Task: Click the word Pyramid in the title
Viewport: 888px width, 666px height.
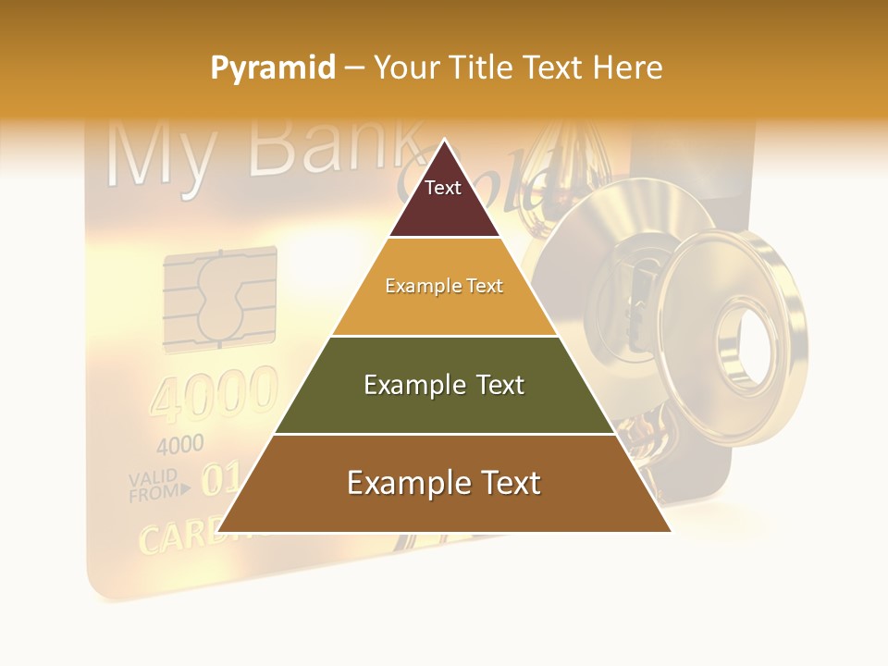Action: click(x=273, y=68)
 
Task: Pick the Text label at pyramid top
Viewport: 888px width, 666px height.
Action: click(x=443, y=188)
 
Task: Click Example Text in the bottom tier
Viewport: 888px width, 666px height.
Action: click(x=444, y=483)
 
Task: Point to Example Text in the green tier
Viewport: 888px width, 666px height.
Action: click(x=444, y=385)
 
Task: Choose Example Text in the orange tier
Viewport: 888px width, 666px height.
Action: click(x=444, y=286)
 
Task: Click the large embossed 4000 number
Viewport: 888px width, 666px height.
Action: click(x=214, y=394)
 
